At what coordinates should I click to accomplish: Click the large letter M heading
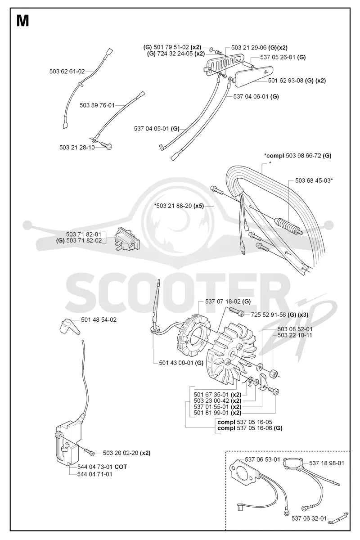pyautogui.click(x=23, y=21)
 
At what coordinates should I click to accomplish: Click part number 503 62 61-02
pyautogui.click(x=67, y=72)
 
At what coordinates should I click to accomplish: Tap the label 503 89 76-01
pyautogui.click(x=97, y=105)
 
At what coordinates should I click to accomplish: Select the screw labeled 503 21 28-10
pyautogui.click(x=107, y=146)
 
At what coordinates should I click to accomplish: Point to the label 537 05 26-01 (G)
pyautogui.click(x=283, y=57)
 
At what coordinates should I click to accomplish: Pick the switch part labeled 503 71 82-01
pyautogui.click(x=127, y=239)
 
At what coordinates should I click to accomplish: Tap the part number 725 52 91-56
pyautogui.click(x=269, y=315)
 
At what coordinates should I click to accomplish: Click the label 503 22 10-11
pyautogui.click(x=295, y=335)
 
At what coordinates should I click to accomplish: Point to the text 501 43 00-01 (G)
pyautogui.click(x=181, y=363)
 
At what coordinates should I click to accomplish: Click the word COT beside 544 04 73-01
pyautogui.click(x=121, y=467)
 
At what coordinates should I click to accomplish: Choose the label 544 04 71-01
pyautogui.click(x=95, y=474)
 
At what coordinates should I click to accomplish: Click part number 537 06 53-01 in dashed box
pyautogui.click(x=263, y=459)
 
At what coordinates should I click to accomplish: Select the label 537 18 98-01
pyautogui.click(x=327, y=463)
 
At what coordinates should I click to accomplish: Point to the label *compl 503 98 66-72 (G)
pyautogui.click(x=298, y=156)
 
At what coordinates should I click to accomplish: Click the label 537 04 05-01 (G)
pyautogui.click(x=157, y=129)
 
